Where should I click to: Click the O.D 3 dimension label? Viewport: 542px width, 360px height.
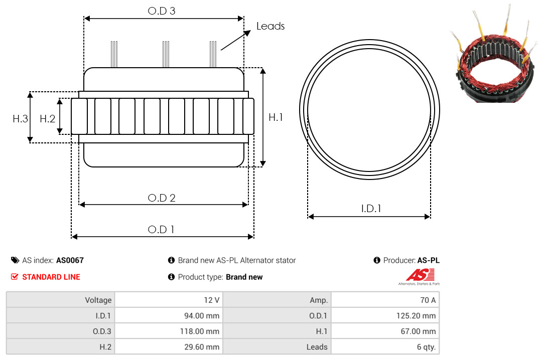click(x=162, y=11)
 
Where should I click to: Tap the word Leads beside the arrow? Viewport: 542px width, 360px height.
click(x=270, y=26)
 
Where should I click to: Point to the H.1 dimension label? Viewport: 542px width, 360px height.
click(x=276, y=117)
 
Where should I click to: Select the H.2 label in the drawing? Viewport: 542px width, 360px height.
click(x=47, y=119)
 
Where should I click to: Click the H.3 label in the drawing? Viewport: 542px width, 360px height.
click(x=20, y=119)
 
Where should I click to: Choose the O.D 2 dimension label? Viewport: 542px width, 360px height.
click(x=162, y=198)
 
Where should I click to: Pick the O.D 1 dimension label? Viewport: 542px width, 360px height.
click(x=161, y=230)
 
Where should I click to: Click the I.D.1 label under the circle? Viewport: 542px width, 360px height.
click(x=371, y=209)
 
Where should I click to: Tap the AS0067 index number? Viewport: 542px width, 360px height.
click(x=70, y=260)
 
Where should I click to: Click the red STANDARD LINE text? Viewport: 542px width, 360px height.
click(x=51, y=277)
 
